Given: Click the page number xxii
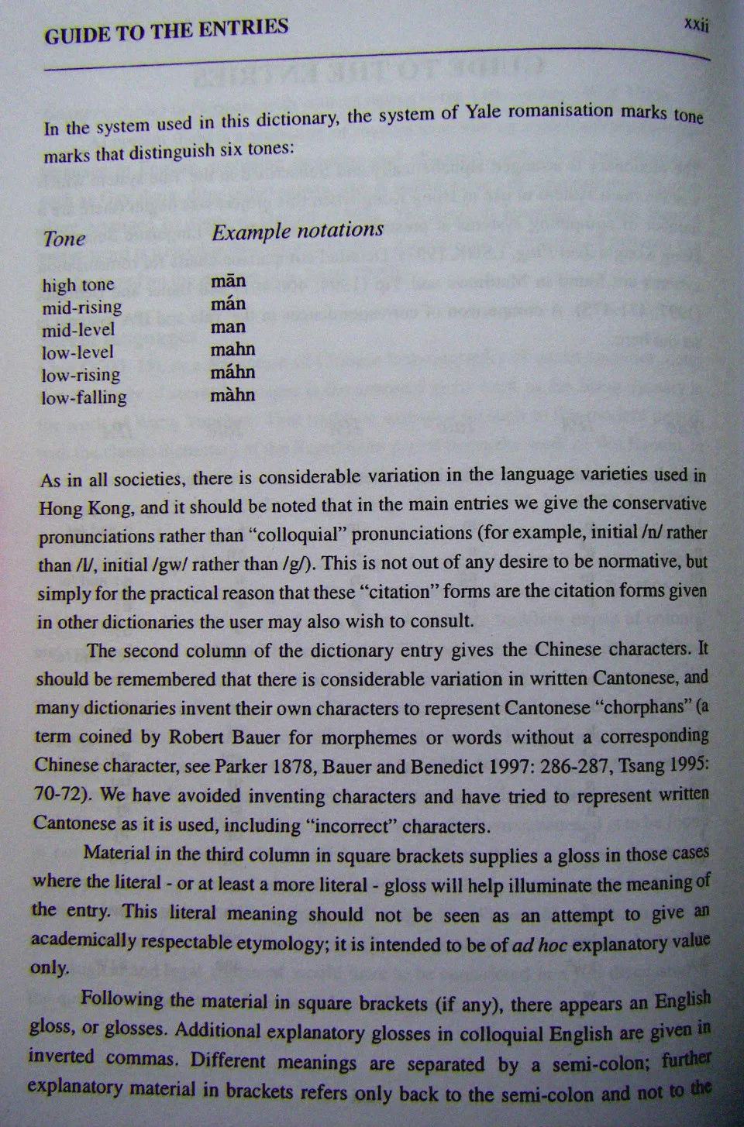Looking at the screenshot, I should pos(697,25).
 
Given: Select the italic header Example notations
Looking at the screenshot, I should pos(298,231).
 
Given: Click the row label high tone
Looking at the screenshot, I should pos(77,285).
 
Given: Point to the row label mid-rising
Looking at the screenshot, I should pos(81,308).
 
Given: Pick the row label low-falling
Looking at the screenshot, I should pos(84,397).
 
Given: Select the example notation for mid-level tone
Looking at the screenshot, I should pos(228,326).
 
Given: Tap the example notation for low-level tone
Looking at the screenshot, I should pos(232,349).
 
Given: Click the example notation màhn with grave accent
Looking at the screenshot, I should pos(232,395).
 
